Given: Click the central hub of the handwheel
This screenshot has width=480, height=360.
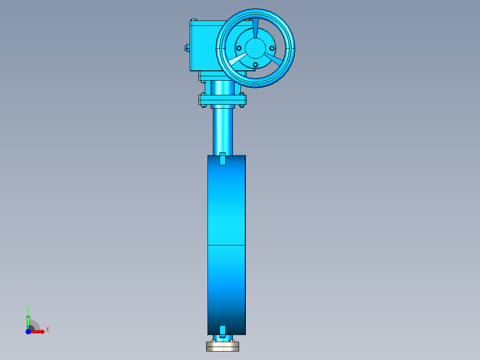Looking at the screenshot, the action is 255,48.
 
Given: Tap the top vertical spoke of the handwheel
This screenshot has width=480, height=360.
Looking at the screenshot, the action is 255,28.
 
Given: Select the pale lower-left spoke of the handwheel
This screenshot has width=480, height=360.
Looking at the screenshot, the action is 238,59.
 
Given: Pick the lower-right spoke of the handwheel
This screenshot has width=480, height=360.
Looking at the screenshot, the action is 273,59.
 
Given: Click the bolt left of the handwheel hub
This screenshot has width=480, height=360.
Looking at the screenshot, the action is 239,48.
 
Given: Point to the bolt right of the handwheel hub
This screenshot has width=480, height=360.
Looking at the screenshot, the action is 272,48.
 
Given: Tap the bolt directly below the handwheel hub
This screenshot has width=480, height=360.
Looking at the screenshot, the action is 255,65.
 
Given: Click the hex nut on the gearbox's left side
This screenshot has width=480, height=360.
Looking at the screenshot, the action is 187,48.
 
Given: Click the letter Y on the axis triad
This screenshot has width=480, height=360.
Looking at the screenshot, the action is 28,310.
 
